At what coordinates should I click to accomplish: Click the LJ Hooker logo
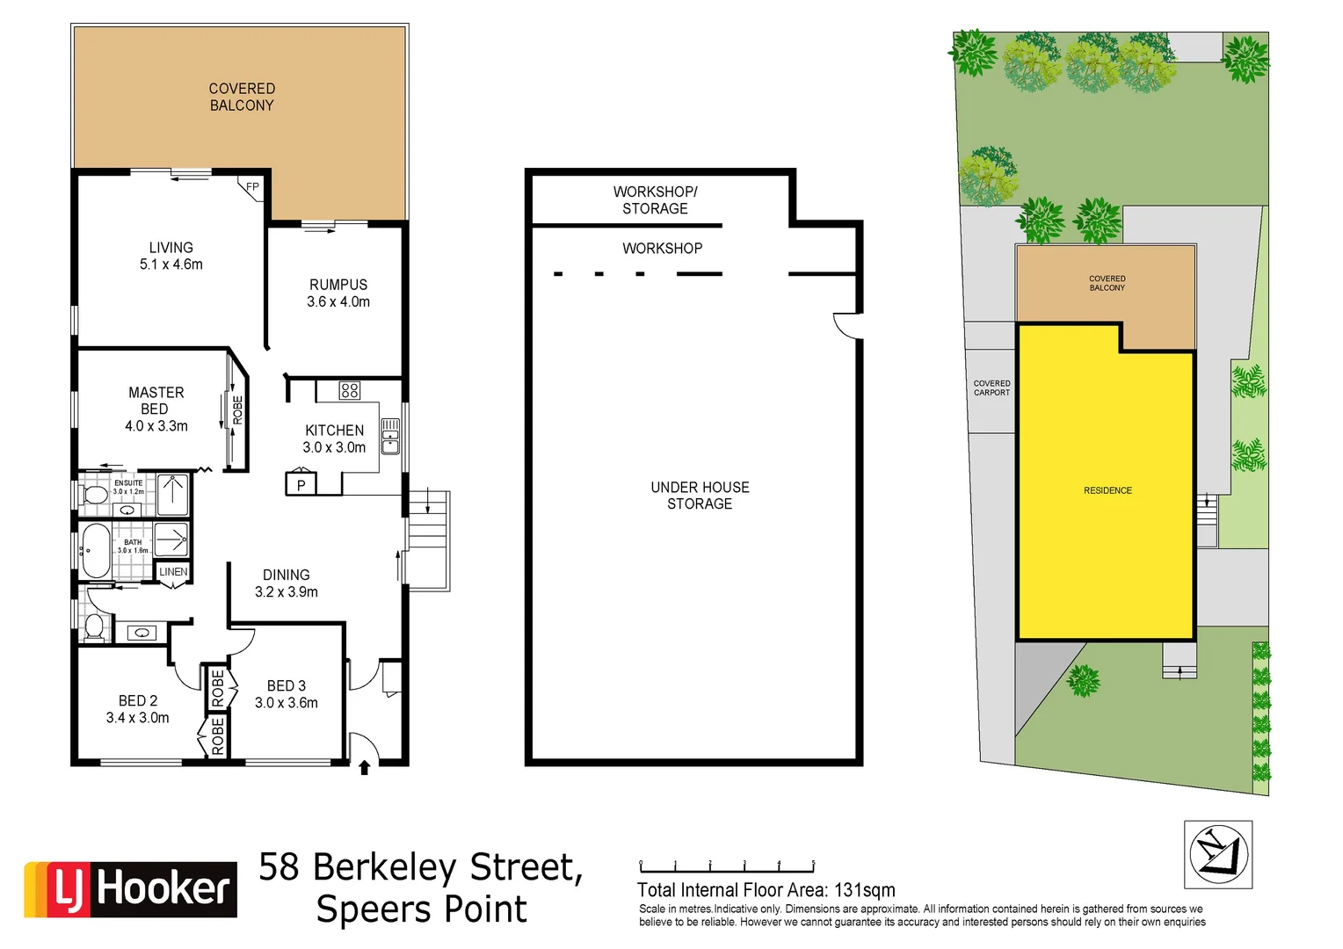click(130, 888)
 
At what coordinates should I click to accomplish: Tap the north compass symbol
click(1218, 854)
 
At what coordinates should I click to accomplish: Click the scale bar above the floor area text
click(727, 868)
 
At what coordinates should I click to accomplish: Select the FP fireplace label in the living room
click(252, 187)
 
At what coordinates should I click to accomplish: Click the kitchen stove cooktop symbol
click(350, 390)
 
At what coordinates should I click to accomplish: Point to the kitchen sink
click(390, 437)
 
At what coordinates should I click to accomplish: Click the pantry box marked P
click(301, 484)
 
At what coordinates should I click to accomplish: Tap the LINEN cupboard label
click(173, 572)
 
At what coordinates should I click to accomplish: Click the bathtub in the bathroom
click(96, 551)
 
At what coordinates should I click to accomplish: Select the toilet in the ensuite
click(92, 494)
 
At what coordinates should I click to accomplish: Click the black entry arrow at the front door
click(364, 768)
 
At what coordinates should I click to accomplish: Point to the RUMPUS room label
click(338, 285)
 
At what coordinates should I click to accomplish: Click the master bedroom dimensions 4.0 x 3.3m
click(156, 426)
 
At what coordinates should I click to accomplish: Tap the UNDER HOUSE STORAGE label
click(700, 496)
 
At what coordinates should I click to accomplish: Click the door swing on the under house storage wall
click(847, 325)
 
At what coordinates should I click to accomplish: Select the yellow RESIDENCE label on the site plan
click(1107, 490)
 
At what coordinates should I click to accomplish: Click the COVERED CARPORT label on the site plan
click(991, 388)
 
